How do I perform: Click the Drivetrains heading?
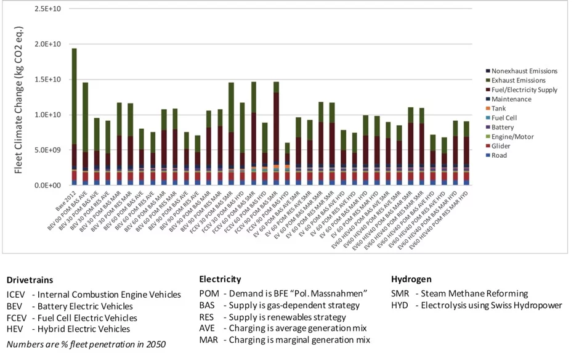coord(30,280)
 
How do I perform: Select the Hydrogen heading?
coord(412,279)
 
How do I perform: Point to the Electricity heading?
coord(220,279)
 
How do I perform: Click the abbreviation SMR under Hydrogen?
coord(400,294)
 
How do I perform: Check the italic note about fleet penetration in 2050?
coord(86,344)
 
